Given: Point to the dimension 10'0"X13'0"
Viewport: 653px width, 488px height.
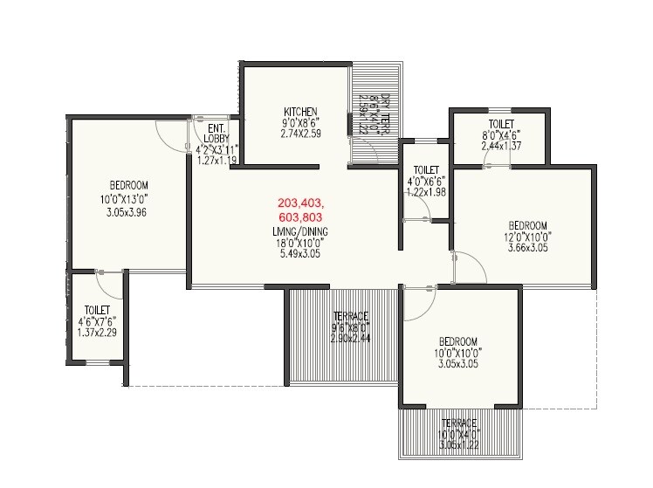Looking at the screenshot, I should point(128,198).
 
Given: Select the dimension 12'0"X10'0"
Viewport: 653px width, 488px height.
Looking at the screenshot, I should point(528,236).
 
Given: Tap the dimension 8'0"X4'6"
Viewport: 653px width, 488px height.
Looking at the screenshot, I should point(501,135).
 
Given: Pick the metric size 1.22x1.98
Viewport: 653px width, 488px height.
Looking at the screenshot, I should point(425,191).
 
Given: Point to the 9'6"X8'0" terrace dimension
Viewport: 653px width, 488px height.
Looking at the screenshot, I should point(351,326).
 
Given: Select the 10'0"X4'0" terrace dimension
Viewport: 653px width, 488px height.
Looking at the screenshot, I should point(458,433).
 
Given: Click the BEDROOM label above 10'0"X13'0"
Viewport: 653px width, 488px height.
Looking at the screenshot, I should point(128,185).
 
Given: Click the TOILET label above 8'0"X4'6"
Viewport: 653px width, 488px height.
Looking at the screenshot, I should point(501,124).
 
